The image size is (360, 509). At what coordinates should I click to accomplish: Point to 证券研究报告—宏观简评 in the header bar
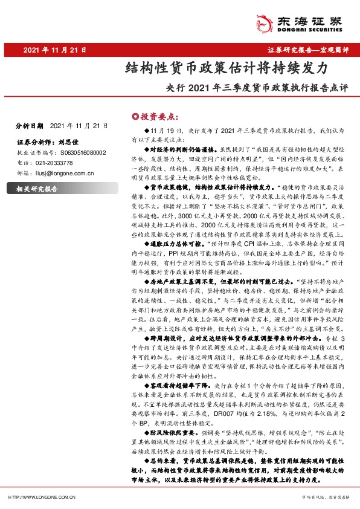pos(308,50)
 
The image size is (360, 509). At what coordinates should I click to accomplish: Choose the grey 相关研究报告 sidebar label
pos(37,189)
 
